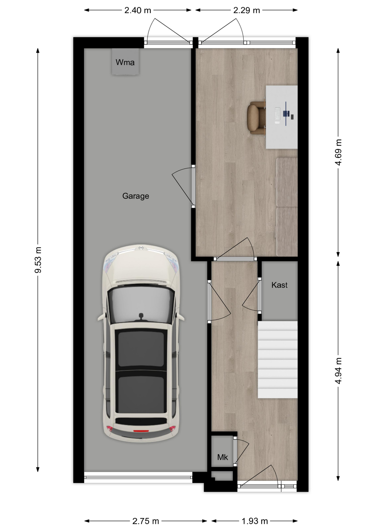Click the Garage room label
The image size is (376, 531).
click(x=136, y=196)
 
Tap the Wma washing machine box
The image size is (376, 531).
click(x=125, y=62)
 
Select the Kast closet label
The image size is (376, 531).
click(x=279, y=285)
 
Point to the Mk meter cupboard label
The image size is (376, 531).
click(x=223, y=457)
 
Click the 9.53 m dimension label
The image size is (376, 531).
click(x=38, y=260)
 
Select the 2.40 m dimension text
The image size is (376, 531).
click(x=138, y=11)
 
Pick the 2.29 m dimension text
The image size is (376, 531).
click(x=246, y=11)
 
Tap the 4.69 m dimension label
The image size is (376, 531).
click(x=338, y=152)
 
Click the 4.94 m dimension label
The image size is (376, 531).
click(x=338, y=371)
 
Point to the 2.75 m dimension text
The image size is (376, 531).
click(x=145, y=521)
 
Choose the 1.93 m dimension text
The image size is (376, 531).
click(x=255, y=521)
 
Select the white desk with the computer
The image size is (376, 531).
click(x=282, y=117)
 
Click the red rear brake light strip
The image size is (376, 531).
click(x=141, y=431)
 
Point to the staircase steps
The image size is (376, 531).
click(x=278, y=360)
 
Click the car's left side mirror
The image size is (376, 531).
click(x=101, y=317)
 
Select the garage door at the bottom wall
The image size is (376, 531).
click(x=138, y=477)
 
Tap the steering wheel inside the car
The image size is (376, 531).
click(x=141, y=317)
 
